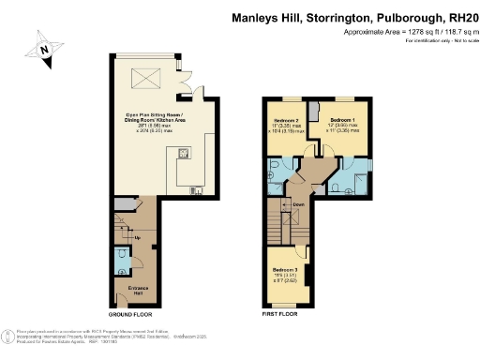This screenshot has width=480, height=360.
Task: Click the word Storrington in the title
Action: click(325, 17)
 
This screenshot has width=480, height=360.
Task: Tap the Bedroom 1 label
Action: click(343, 123)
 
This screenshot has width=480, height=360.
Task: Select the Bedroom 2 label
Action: click(286, 123)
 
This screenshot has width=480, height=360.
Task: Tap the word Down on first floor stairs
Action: click(298, 204)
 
